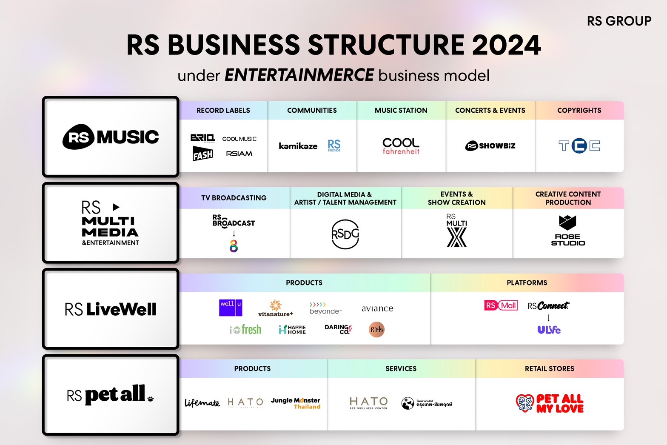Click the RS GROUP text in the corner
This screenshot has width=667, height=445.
(619, 21)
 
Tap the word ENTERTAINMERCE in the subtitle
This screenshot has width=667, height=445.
(299, 75)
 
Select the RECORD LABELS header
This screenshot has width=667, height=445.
(223, 111)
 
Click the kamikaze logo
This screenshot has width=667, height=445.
(298, 146)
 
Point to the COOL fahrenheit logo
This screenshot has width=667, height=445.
(401, 146)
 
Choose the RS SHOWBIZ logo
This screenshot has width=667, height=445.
(490, 146)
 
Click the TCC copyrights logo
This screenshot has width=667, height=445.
(579, 146)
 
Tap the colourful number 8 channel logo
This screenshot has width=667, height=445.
(234, 246)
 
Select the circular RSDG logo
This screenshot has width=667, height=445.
(345, 234)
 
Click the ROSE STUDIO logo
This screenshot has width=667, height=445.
(568, 231)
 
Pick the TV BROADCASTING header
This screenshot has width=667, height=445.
(234, 198)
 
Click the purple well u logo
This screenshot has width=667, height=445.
(231, 308)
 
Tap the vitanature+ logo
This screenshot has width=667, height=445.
(276, 308)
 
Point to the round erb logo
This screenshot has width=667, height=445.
(376, 329)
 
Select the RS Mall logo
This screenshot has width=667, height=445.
(501, 305)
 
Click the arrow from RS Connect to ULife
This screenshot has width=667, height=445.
(549, 317)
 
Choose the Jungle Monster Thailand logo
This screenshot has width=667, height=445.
(296, 403)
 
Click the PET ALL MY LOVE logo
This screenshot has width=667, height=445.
(550, 403)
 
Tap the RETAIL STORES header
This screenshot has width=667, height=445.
(550, 369)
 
